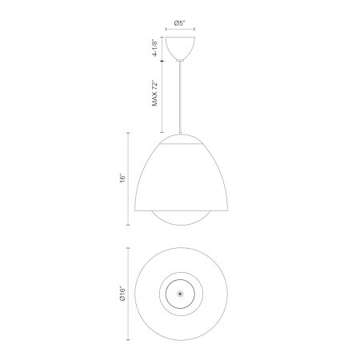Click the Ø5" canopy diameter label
tap(180, 23)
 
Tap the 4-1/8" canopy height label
tap(154, 48)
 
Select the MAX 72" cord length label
tap(155, 94)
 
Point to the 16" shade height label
tap(122, 178)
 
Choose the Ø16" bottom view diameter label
tap(122, 294)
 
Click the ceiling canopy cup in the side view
tap(180, 48)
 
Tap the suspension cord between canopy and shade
tap(181, 97)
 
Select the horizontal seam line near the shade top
tap(181, 144)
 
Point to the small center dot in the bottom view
tap(181, 294)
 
